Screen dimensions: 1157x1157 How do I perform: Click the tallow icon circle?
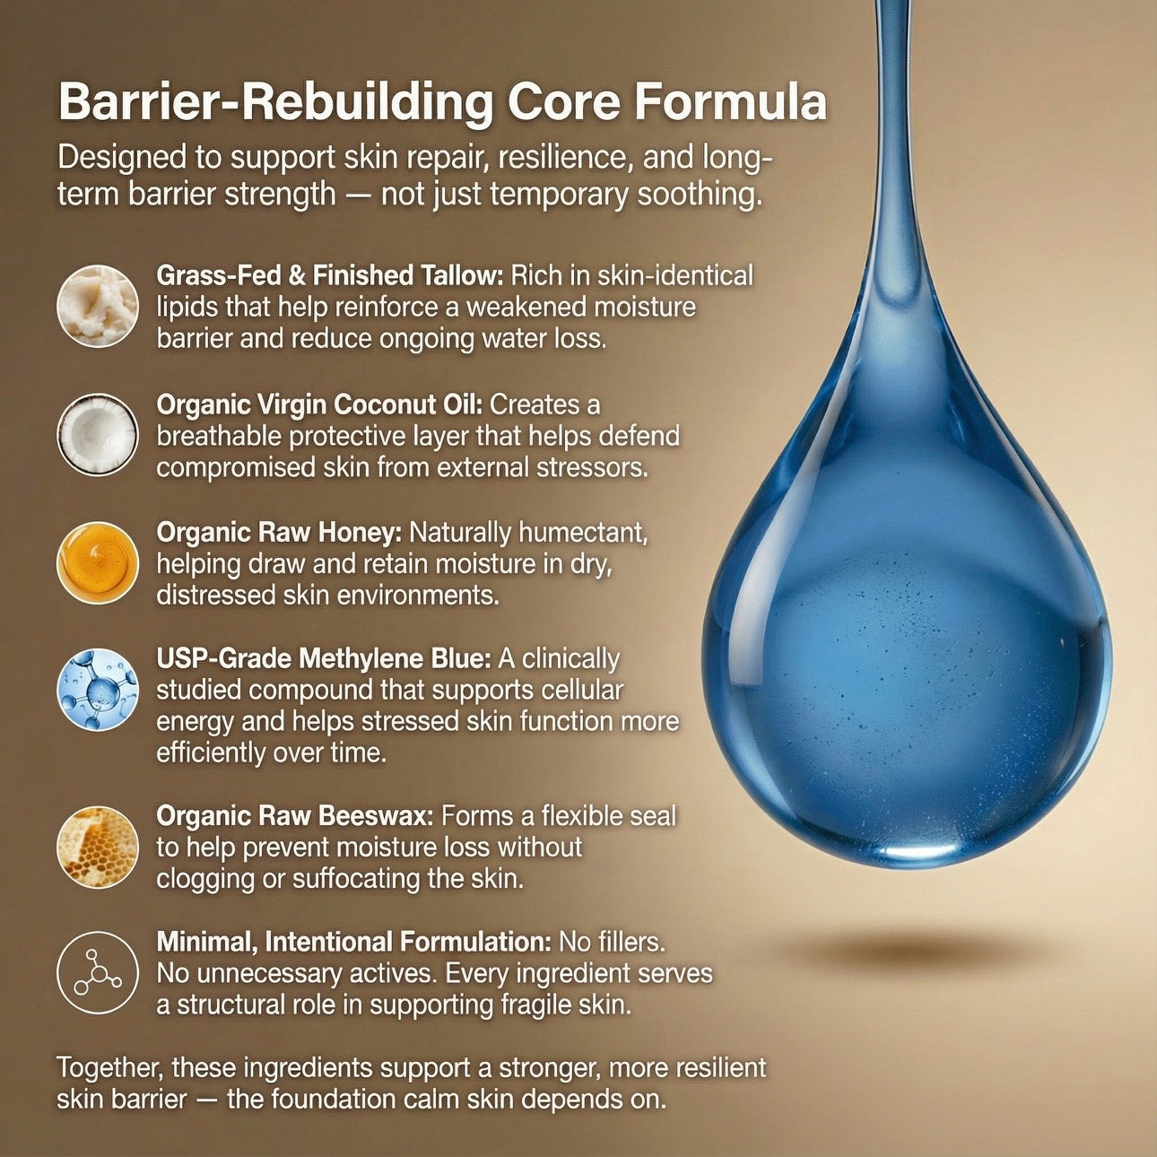point(98,306)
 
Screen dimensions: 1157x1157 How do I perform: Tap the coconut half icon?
point(98,435)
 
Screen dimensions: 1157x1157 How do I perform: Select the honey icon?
point(98,563)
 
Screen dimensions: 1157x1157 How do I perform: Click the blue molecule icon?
point(98,690)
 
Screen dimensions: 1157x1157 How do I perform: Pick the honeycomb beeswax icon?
point(98,848)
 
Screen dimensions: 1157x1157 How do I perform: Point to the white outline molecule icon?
point(98,973)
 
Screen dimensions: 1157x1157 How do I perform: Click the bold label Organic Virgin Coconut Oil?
point(319,405)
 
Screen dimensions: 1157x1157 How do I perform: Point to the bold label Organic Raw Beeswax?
point(295,816)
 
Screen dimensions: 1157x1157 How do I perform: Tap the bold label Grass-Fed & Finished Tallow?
point(330,276)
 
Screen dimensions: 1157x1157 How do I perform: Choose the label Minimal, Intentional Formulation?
point(353,942)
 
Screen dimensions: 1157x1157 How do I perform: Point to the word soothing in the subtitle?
point(699,196)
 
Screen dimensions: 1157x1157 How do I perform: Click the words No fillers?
point(612,942)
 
